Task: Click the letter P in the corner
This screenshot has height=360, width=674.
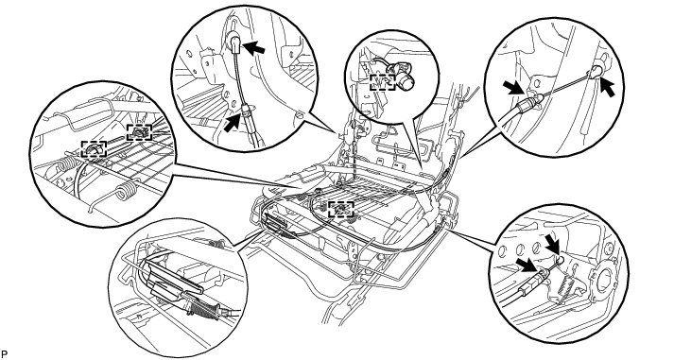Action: [5, 354]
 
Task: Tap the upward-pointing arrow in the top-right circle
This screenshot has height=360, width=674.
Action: [606, 87]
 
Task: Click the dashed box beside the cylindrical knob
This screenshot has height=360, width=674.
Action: [383, 82]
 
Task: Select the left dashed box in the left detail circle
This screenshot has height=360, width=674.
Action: [95, 149]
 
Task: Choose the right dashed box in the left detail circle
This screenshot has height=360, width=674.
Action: [139, 132]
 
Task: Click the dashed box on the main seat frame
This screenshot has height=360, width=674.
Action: [341, 210]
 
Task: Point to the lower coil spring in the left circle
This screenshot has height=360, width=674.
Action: [126, 190]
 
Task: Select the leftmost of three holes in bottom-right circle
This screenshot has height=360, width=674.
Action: [502, 252]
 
